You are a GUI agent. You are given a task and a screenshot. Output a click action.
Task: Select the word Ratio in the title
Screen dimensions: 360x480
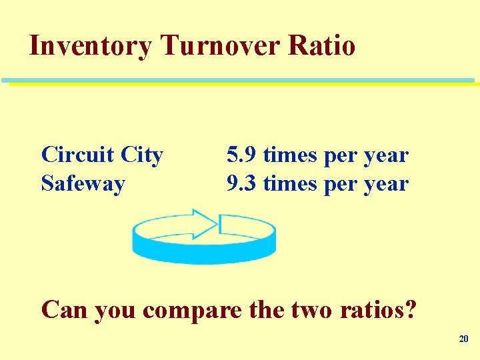[x=322, y=47]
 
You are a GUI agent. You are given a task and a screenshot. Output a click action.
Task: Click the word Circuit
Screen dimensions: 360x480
[x=77, y=155]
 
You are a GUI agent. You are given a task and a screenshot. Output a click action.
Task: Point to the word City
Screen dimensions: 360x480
[x=141, y=156]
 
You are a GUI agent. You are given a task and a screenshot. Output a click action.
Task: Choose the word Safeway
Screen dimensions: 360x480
[x=83, y=183]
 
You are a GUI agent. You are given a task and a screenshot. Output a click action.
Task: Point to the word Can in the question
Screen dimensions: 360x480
[x=65, y=309]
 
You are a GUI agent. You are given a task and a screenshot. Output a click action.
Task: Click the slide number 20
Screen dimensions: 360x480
[x=464, y=339]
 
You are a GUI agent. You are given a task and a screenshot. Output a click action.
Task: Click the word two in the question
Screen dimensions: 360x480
[x=315, y=310]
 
